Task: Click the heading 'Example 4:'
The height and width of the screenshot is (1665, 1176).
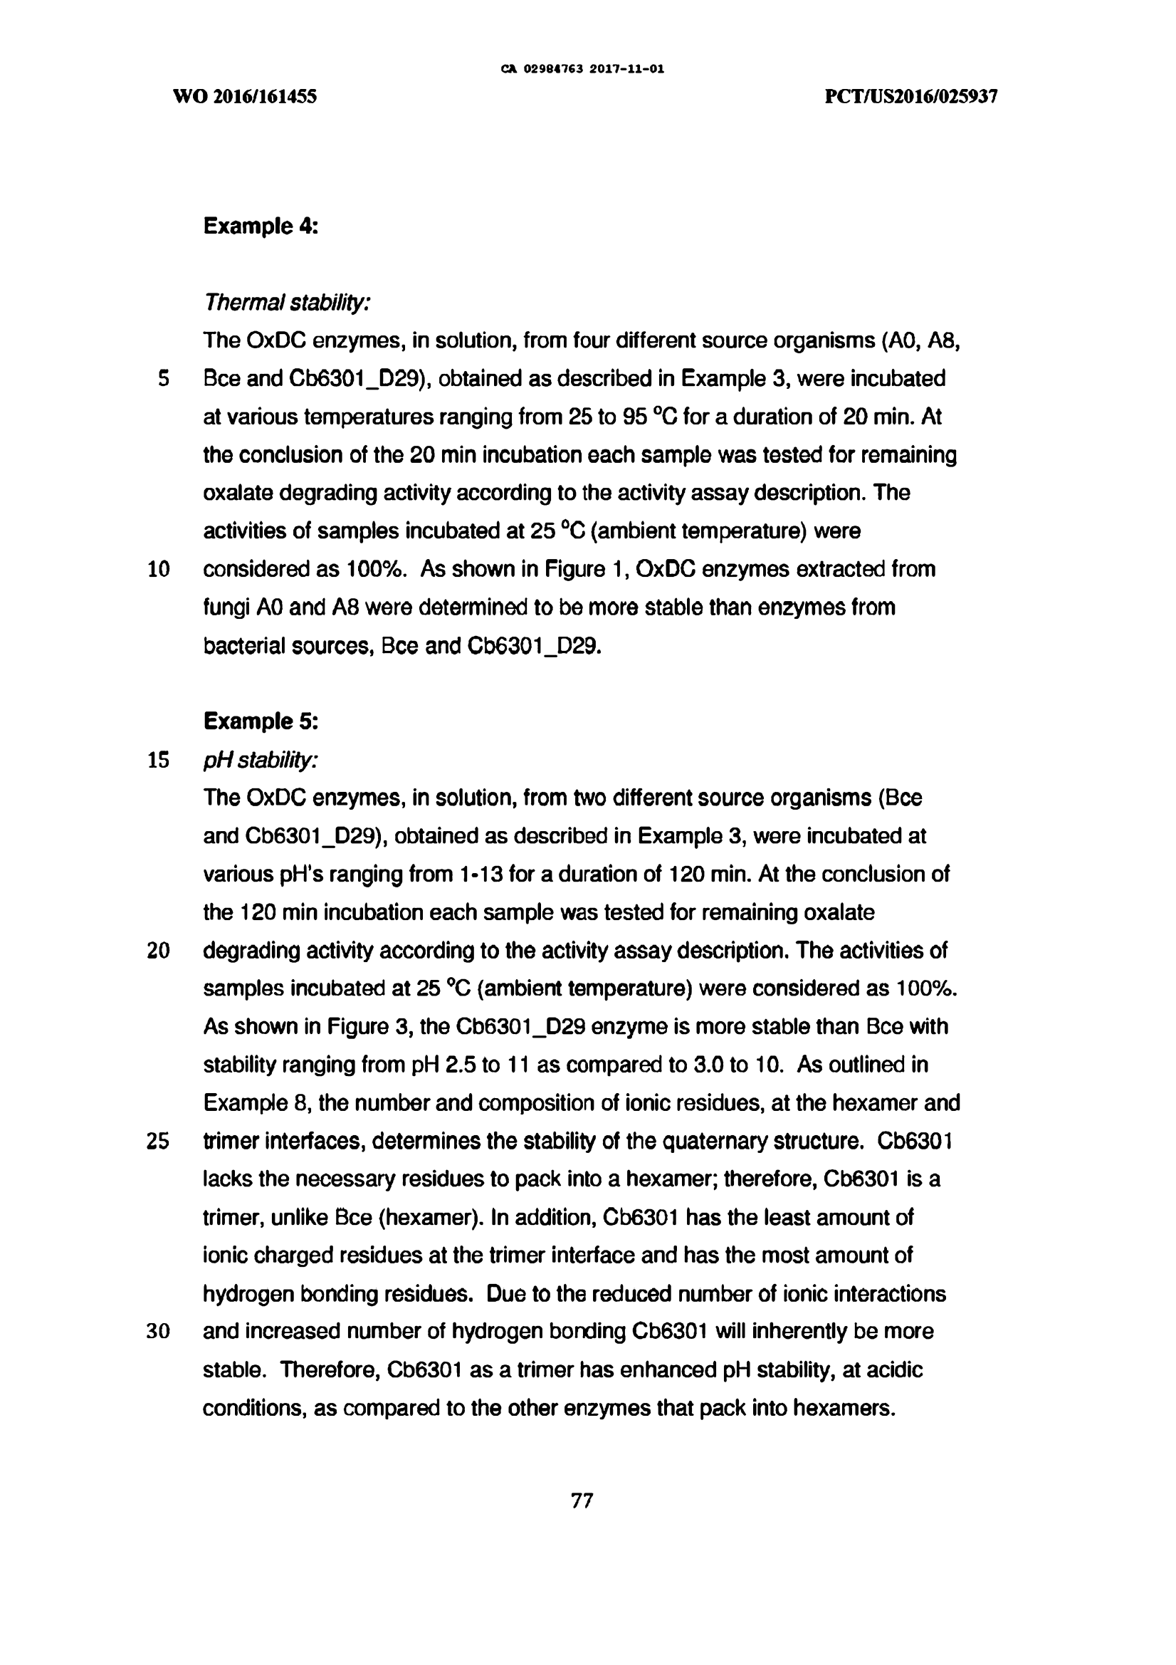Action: pyautogui.click(x=261, y=226)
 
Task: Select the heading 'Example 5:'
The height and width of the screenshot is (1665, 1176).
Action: pyautogui.click(x=261, y=721)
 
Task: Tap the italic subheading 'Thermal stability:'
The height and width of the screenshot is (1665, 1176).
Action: pyautogui.click(x=287, y=303)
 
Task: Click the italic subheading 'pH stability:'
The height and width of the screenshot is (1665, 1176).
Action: pyautogui.click(x=261, y=760)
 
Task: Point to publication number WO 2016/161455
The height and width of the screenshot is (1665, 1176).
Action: pyautogui.click(x=245, y=96)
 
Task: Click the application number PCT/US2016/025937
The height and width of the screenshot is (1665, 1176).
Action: pyautogui.click(x=911, y=96)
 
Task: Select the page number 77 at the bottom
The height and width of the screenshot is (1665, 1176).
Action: pyautogui.click(x=582, y=1500)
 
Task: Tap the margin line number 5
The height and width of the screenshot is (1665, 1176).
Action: pyautogui.click(x=164, y=379)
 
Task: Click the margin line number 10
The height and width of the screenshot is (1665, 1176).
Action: pyautogui.click(x=158, y=569)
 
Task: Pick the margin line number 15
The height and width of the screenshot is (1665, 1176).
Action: pyautogui.click(x=158, y=760)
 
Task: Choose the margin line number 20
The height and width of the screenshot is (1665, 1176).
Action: pyautogui.click(x=158, y=951)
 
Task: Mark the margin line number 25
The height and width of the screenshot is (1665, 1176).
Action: pyautogui.click(x=158, y=1142)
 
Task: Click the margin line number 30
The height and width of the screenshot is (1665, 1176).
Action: pyautogui.click(x=158, y=1332)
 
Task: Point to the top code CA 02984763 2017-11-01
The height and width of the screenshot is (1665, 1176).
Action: pyautogui.click(x=582, y=70)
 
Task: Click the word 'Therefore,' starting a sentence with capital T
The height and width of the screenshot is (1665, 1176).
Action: pyautogui.click(x=329, y=1370)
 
